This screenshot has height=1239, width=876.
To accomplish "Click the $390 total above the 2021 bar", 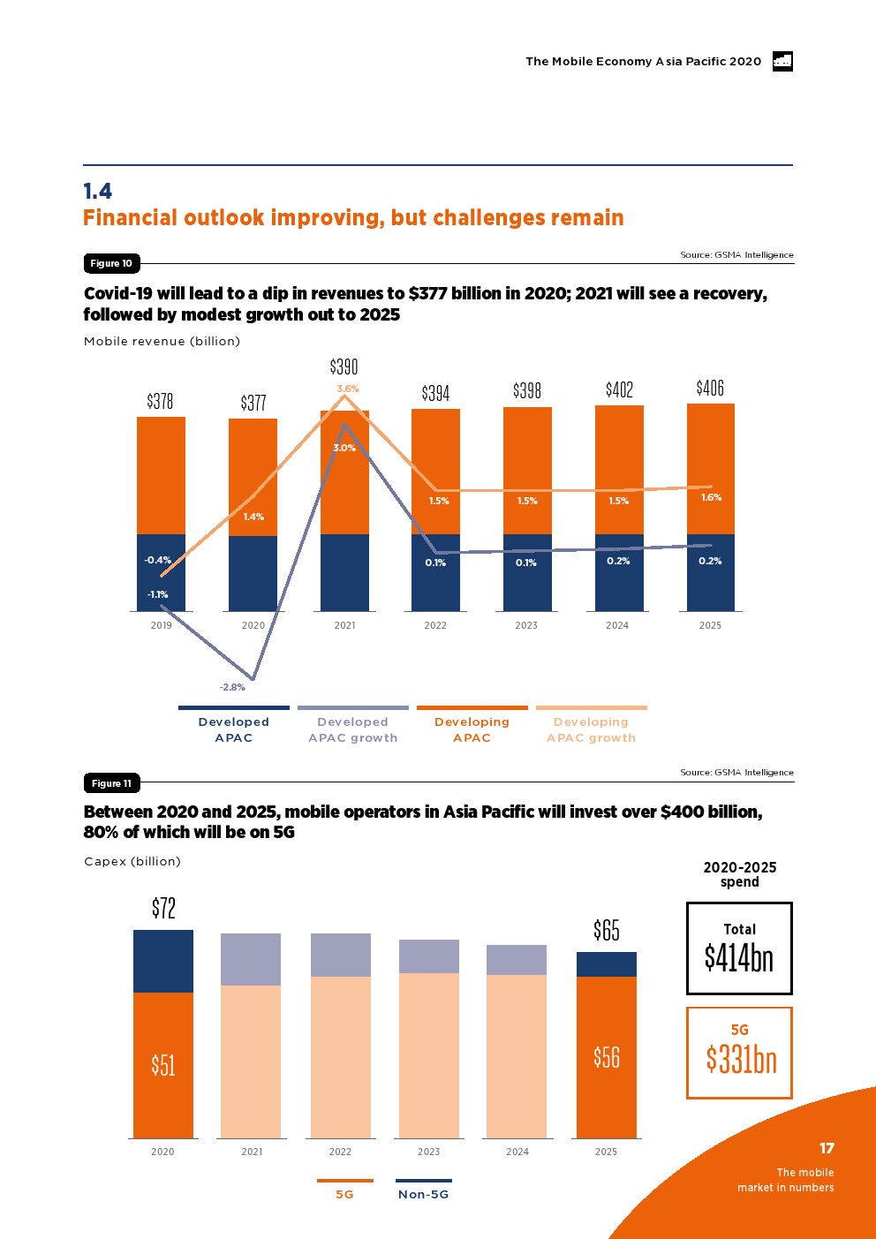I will click(x=344, y=366).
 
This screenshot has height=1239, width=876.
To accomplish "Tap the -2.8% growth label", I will click(x=232, y=687).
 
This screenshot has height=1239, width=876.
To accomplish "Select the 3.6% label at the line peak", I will click(x=348, y=389).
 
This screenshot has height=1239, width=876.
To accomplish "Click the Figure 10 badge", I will click(x=111, y=263).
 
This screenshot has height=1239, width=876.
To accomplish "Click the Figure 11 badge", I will click(x=111, y=783).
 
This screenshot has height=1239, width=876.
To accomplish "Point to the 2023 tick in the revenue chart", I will click(x=526, y=625).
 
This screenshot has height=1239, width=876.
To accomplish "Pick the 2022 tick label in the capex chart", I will click(x=340, y=1152).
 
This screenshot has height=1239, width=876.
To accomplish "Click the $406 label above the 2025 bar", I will click(x=710, y=388).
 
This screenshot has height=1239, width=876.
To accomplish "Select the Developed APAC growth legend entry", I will click(x=352, y=729).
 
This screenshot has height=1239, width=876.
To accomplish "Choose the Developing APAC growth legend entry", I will click(x=591, y=729).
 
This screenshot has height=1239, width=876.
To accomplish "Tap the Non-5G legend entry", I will click(x=423, y=1194).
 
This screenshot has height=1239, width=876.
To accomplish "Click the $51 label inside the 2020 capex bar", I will click(x=163, y=1065).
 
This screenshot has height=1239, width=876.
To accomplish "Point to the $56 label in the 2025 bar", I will click(x=607, y=1057).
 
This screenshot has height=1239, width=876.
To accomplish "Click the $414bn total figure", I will click(x=739, y=957).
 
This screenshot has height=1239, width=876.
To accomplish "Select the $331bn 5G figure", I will click(x=741, y=1058).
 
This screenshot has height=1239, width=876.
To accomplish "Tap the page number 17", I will click(x=827, y=1148).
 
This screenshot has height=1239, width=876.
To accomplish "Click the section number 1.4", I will click(x=98, y=192).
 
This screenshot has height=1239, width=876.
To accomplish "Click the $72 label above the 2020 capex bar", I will click(x=163, y=908).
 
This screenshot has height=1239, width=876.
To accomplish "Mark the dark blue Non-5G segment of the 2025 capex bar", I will click(x=607, y=964).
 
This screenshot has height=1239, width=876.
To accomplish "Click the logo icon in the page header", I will click(x=782, y=61).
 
